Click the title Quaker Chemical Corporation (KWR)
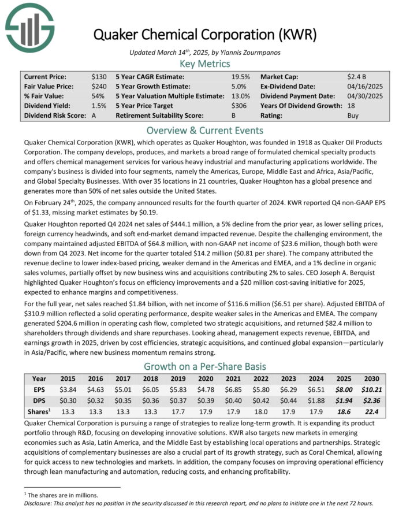[x=205, y=34]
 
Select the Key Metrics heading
[x=205, y=64]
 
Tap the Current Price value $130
[x=99, y=76]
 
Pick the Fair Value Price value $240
[x=99, y=86]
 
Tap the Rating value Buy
[x=353, y=116]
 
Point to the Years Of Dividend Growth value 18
[x=351, y=106]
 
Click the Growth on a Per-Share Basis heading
[x=205, y=366]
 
